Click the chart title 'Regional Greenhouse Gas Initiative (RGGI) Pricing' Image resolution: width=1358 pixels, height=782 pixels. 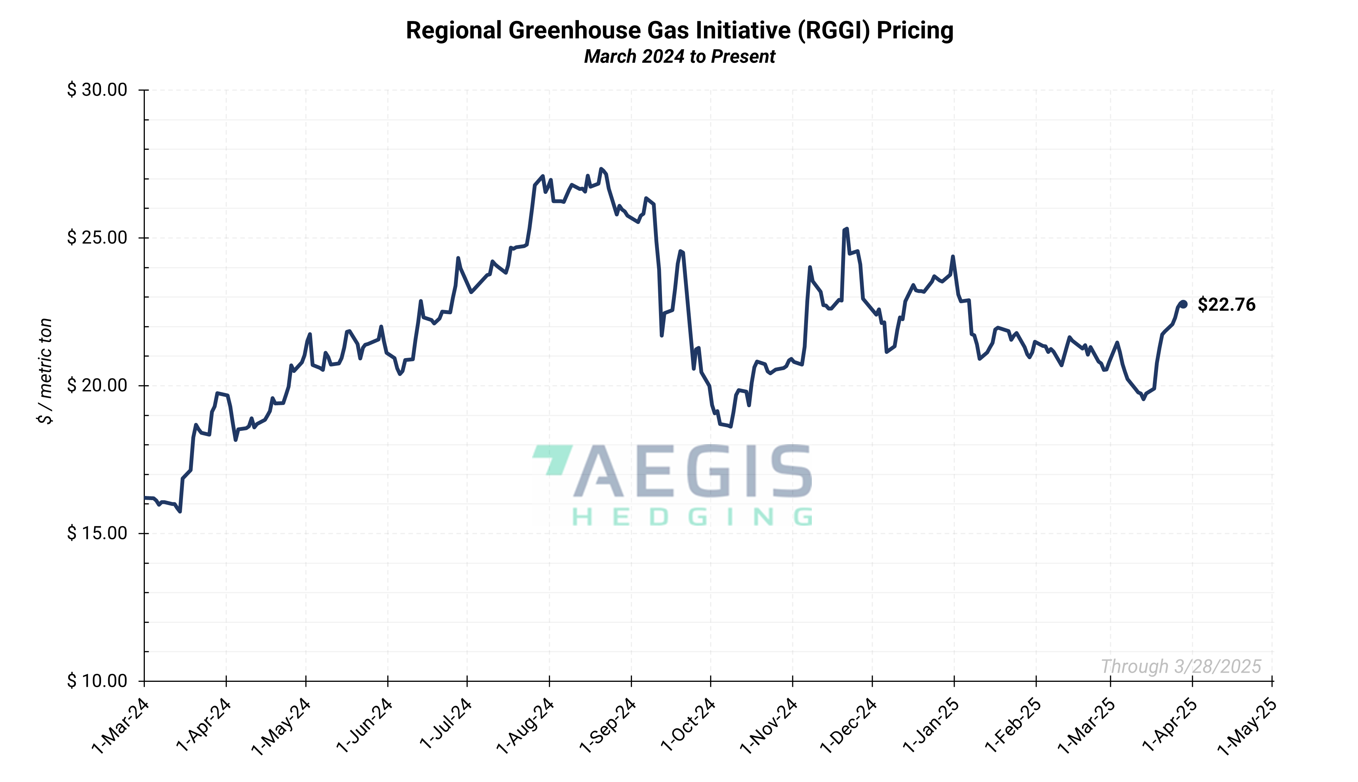pos(679,30)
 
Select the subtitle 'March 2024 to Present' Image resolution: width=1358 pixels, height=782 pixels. pos(679,56)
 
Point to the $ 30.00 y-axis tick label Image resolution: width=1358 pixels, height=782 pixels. pos(97,90)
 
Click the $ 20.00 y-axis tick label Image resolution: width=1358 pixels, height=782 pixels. pos(97,385)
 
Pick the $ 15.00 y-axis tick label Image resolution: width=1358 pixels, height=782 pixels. pos(97,533)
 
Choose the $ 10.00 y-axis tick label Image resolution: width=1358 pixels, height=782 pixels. pos(97,681)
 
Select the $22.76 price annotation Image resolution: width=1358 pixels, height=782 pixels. pos(1227,304)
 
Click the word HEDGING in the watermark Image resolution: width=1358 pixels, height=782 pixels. pos(692,517)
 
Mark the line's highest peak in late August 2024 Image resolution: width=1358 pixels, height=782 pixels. pos(601,169)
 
